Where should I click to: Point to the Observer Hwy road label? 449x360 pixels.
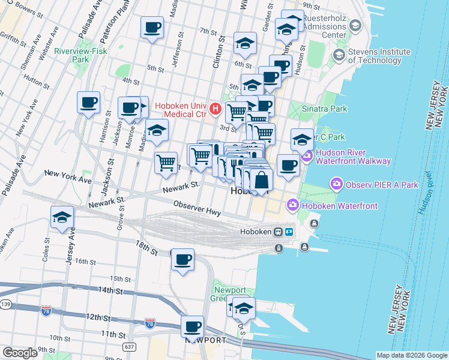click(x=197, y=209)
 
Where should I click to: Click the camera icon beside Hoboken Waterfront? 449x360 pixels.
click(x=292, y=206)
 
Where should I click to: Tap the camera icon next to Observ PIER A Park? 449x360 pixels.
click(x=336, y=184)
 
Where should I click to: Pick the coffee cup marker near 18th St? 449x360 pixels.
click(x=182, y=260)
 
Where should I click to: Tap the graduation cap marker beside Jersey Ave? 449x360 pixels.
click(x=62, y=218)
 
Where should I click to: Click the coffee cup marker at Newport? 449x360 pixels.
click(x=192, y=327)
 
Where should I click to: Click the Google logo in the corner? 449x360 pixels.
click(x=20, y=353)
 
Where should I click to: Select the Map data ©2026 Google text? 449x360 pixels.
click(x=411, y=355)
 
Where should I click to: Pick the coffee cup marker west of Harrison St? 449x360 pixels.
click(x=89, y=102)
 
